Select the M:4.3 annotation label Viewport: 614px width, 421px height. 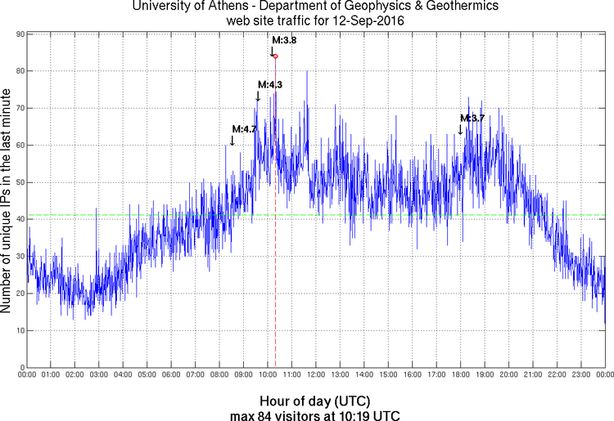[270, 84]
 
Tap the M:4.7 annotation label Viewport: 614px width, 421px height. [245, 128]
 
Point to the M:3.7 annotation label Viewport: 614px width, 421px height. [472, 118]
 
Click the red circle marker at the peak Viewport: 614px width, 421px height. [275, 56]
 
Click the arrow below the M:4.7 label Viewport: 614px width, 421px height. [233, 140]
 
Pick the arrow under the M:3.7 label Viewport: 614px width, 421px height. [460, 128]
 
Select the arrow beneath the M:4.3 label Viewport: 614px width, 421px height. [258, 96]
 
